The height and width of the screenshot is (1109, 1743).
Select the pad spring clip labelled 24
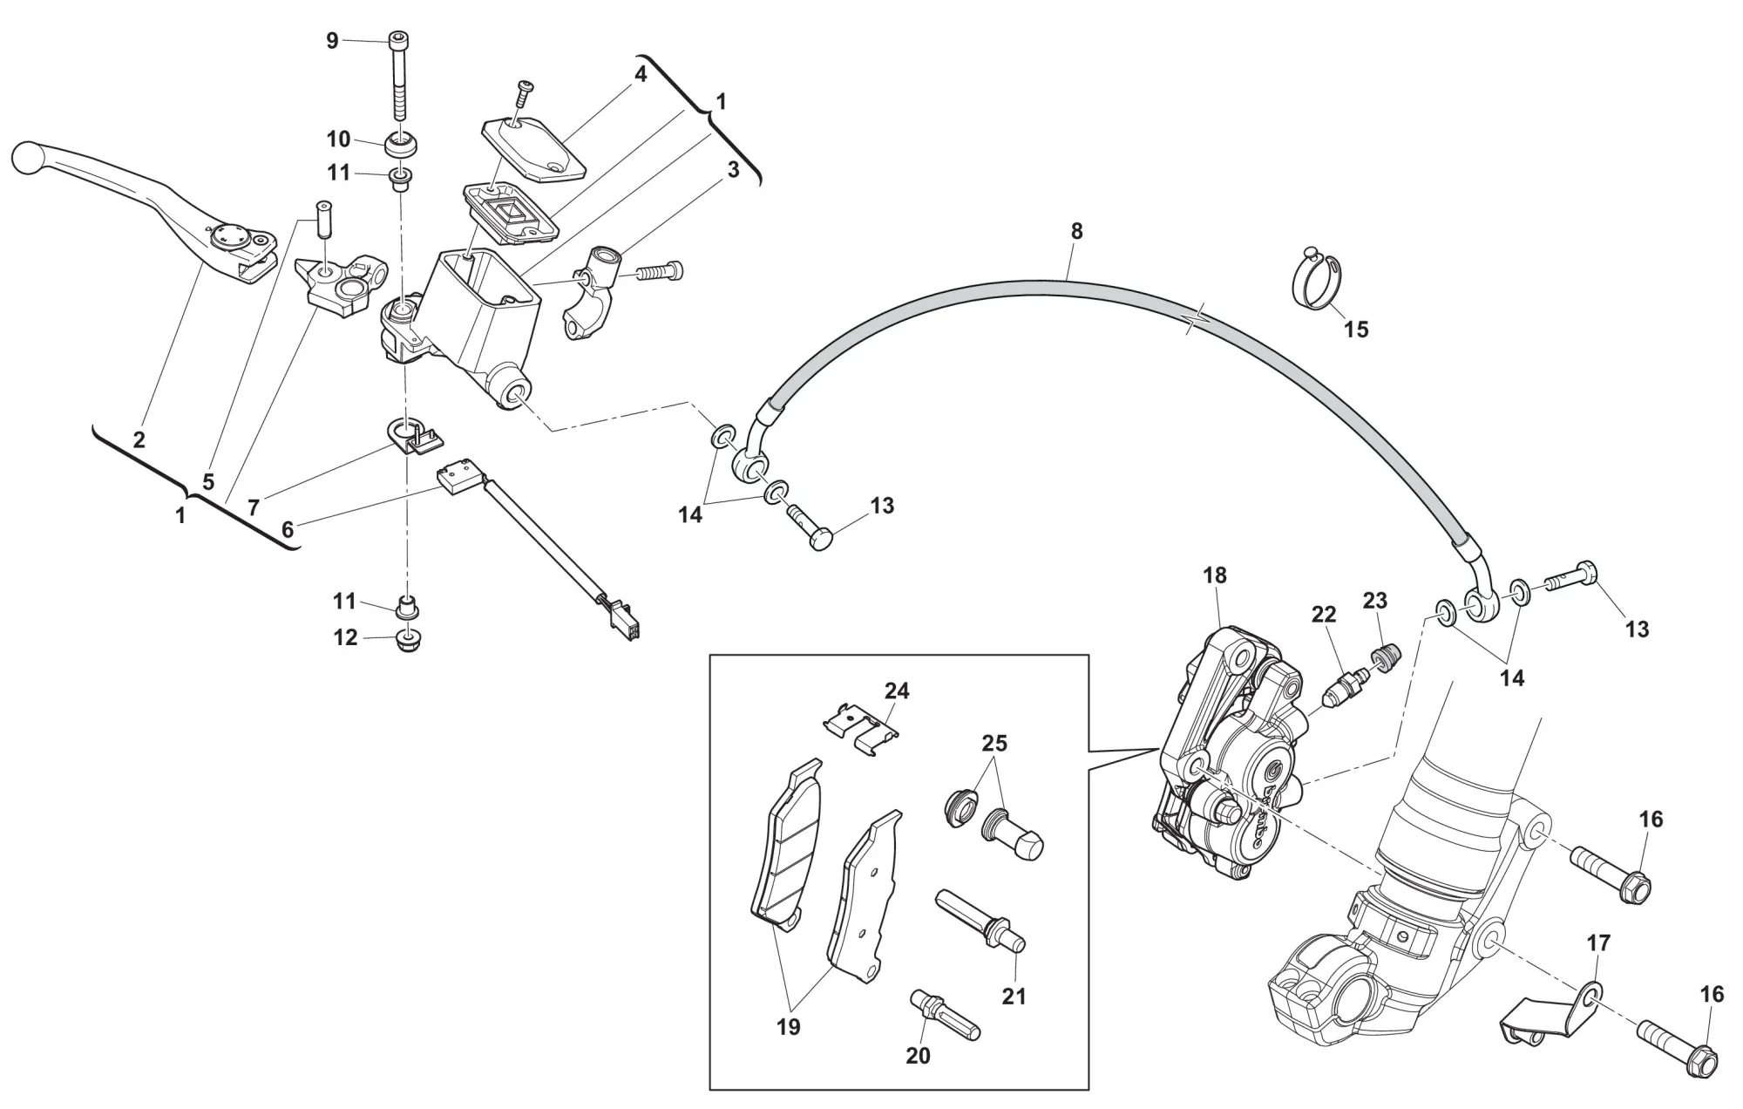pyautogui.click(x=861, y=731)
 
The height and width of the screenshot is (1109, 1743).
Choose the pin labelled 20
pyautogui.click(x=945, y=1013)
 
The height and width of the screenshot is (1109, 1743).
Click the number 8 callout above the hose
pyautogui.click(x=1076, y=232)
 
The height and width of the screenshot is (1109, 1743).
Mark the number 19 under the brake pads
pyautogui.click(x=788, y=1027)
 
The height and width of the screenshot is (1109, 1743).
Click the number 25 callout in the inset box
pyautogui.click(x=994, y=744)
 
